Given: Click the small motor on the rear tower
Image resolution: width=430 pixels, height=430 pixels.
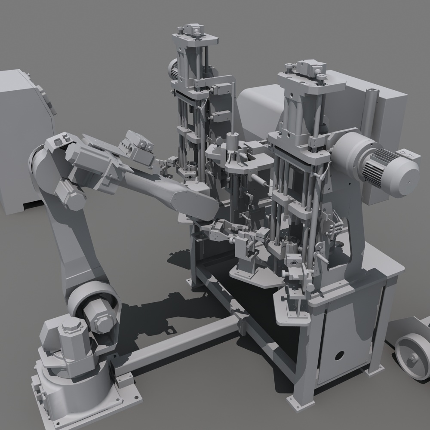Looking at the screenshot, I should pos(174,69).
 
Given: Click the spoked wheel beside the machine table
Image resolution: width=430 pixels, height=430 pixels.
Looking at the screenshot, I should pos(412,356).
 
